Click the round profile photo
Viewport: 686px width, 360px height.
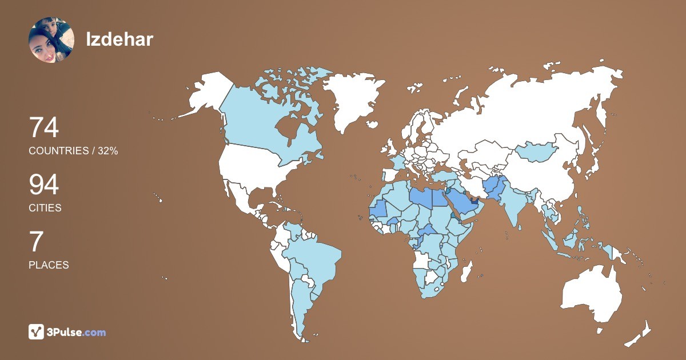(x=51, y=40)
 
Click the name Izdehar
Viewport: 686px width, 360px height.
(x=119, y=39)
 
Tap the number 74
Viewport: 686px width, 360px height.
(x=44, y=127)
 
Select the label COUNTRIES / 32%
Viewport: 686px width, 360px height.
(x=73, y=151)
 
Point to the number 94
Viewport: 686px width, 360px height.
(x=44, y=185)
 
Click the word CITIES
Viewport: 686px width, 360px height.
(x=45, y=208)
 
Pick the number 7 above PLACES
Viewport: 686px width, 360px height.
(x=35, y=242)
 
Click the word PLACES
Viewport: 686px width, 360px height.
(x=49, y=265)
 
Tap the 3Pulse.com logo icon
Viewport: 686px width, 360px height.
(x=37, y=331)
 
